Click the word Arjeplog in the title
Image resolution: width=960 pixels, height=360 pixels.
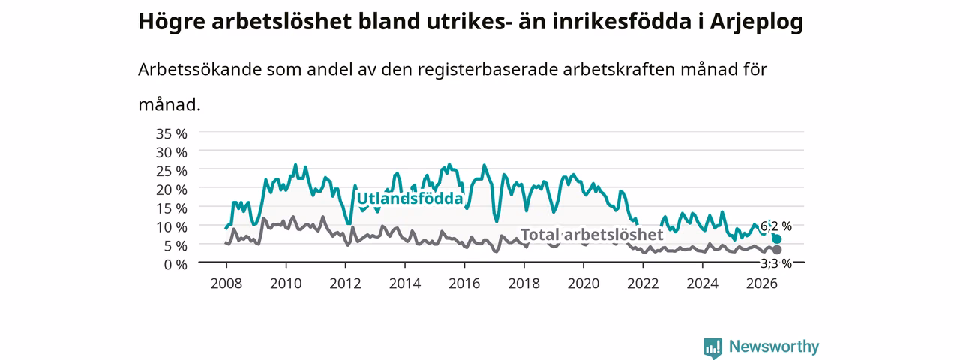click(757, 22)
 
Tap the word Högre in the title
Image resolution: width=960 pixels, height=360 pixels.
click(172, 22)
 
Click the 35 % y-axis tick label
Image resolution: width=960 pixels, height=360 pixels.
click(172, 134)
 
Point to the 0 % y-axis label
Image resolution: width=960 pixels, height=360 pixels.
click(175, 265)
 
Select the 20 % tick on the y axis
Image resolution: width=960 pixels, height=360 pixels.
click(172, 190)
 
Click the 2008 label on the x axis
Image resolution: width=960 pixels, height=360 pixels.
click(226, 283)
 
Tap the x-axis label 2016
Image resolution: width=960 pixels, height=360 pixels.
click(464, 283)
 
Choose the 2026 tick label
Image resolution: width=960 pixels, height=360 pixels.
click(761, 283)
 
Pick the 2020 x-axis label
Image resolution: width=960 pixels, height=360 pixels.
click(583, 283)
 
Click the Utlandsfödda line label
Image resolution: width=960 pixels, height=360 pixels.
click(409, 199)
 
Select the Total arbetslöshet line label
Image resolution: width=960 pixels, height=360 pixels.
click(592, 235)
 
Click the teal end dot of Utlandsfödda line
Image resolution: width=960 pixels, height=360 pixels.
click(777, 238)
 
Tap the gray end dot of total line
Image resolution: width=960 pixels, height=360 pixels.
click(777, 250)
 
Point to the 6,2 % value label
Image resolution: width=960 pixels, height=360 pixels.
click(776, 226)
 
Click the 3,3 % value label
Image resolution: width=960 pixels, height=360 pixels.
click(776, 263)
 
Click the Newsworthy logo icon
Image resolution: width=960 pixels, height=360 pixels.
click(712, 347)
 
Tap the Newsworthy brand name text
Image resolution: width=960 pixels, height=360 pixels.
click(774, 346)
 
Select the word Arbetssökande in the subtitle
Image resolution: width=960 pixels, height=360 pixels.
click(199, 70)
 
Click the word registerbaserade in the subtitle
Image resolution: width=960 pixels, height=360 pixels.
click(487, 70)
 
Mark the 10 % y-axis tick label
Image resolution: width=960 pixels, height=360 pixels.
click(172, 227)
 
